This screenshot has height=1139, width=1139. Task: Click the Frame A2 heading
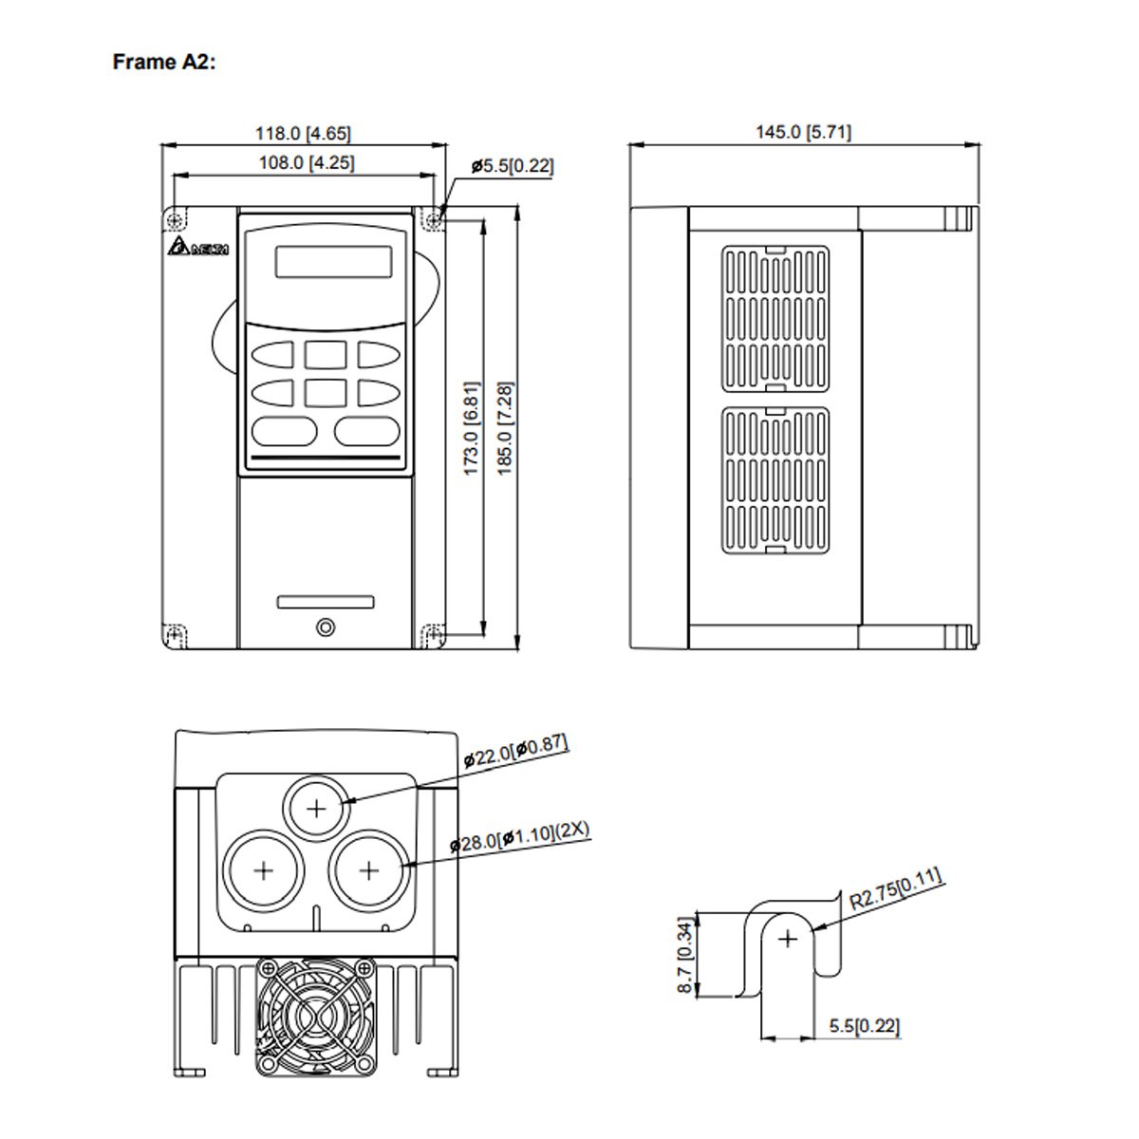[164, 63]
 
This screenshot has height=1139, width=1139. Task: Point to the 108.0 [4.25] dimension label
[307, 162]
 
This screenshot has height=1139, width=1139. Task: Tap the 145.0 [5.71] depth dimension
[803, 132]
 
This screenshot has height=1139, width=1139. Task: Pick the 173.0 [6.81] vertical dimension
[472, 428]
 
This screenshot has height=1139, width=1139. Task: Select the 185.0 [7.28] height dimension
[505, 428]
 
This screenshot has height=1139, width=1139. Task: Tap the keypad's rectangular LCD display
[333, 262]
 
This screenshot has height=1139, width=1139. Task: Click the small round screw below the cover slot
[326, 627]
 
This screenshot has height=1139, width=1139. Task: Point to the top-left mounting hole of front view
[174, 220]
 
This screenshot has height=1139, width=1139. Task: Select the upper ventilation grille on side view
[775, 319]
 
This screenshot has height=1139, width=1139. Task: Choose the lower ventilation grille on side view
[775, 480]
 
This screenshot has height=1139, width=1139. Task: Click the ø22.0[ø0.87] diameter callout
[516, 752]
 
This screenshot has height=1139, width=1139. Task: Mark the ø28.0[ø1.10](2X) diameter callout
[520, 838]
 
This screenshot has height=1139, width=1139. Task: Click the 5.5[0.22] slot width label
[864, 1026]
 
